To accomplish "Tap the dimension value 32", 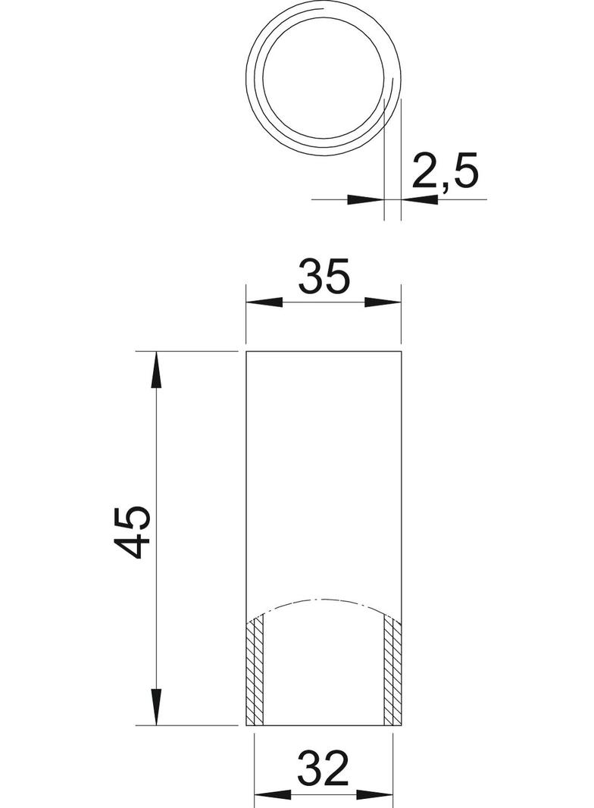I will click(x=324, y=769).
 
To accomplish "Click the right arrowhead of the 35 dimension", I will click(x=383, y=302).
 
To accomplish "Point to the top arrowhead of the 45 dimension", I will click(x=156, y=371).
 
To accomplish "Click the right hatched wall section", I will click(x=392, y=671).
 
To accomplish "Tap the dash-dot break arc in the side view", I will click(x=324, y=598).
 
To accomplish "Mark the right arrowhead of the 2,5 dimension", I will click(x=420, y=200).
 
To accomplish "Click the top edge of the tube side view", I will click(x=324, y=352).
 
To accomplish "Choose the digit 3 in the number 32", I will click(x=309, y=769).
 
